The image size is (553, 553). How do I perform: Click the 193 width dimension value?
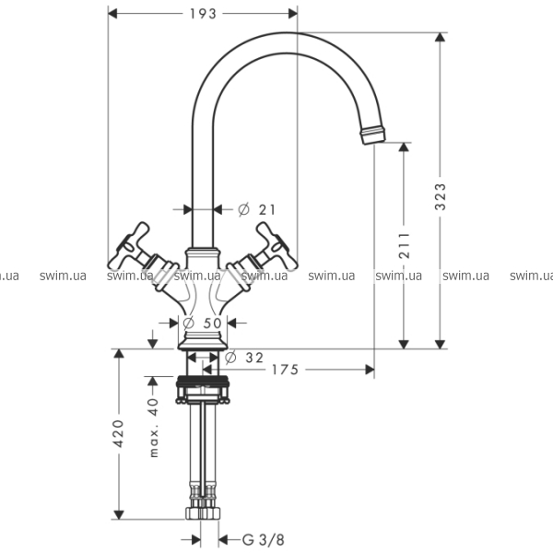tap(203, 14)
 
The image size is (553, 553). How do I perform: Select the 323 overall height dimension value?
tap(440, 197)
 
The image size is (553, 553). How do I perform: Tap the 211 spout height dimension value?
tap(405, 245)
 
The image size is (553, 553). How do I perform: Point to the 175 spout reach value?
tap(285, 370)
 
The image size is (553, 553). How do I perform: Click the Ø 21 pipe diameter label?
tap(256, 209)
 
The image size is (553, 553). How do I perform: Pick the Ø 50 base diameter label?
tap(203, 323)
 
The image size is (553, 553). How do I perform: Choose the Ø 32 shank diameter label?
tap(244, 358)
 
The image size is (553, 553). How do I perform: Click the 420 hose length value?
tap(119, 434)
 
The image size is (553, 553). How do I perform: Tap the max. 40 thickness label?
tap(154, 428)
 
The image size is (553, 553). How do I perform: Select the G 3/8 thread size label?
tap(263, 539)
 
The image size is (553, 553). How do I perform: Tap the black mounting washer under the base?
tap(203, 381)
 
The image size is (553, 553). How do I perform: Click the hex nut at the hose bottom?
tap(203, 513)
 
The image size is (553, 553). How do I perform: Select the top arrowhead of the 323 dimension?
tap(440, 37)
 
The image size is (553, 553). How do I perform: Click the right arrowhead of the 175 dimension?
tap(370, 370)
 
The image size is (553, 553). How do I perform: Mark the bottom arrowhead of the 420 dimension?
tap(119, 515)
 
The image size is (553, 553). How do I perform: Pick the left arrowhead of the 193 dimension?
tap(112, 14)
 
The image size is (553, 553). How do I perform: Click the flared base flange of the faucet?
tap(203, 344)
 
